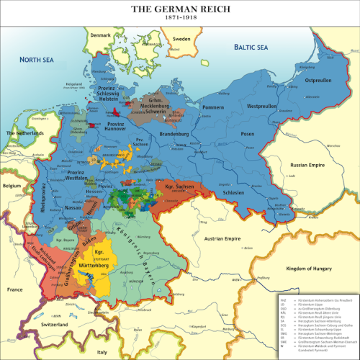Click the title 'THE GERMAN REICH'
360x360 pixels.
(180, 6)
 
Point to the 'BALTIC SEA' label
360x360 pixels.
(251, 48)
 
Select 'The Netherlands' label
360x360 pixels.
(26, 135)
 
